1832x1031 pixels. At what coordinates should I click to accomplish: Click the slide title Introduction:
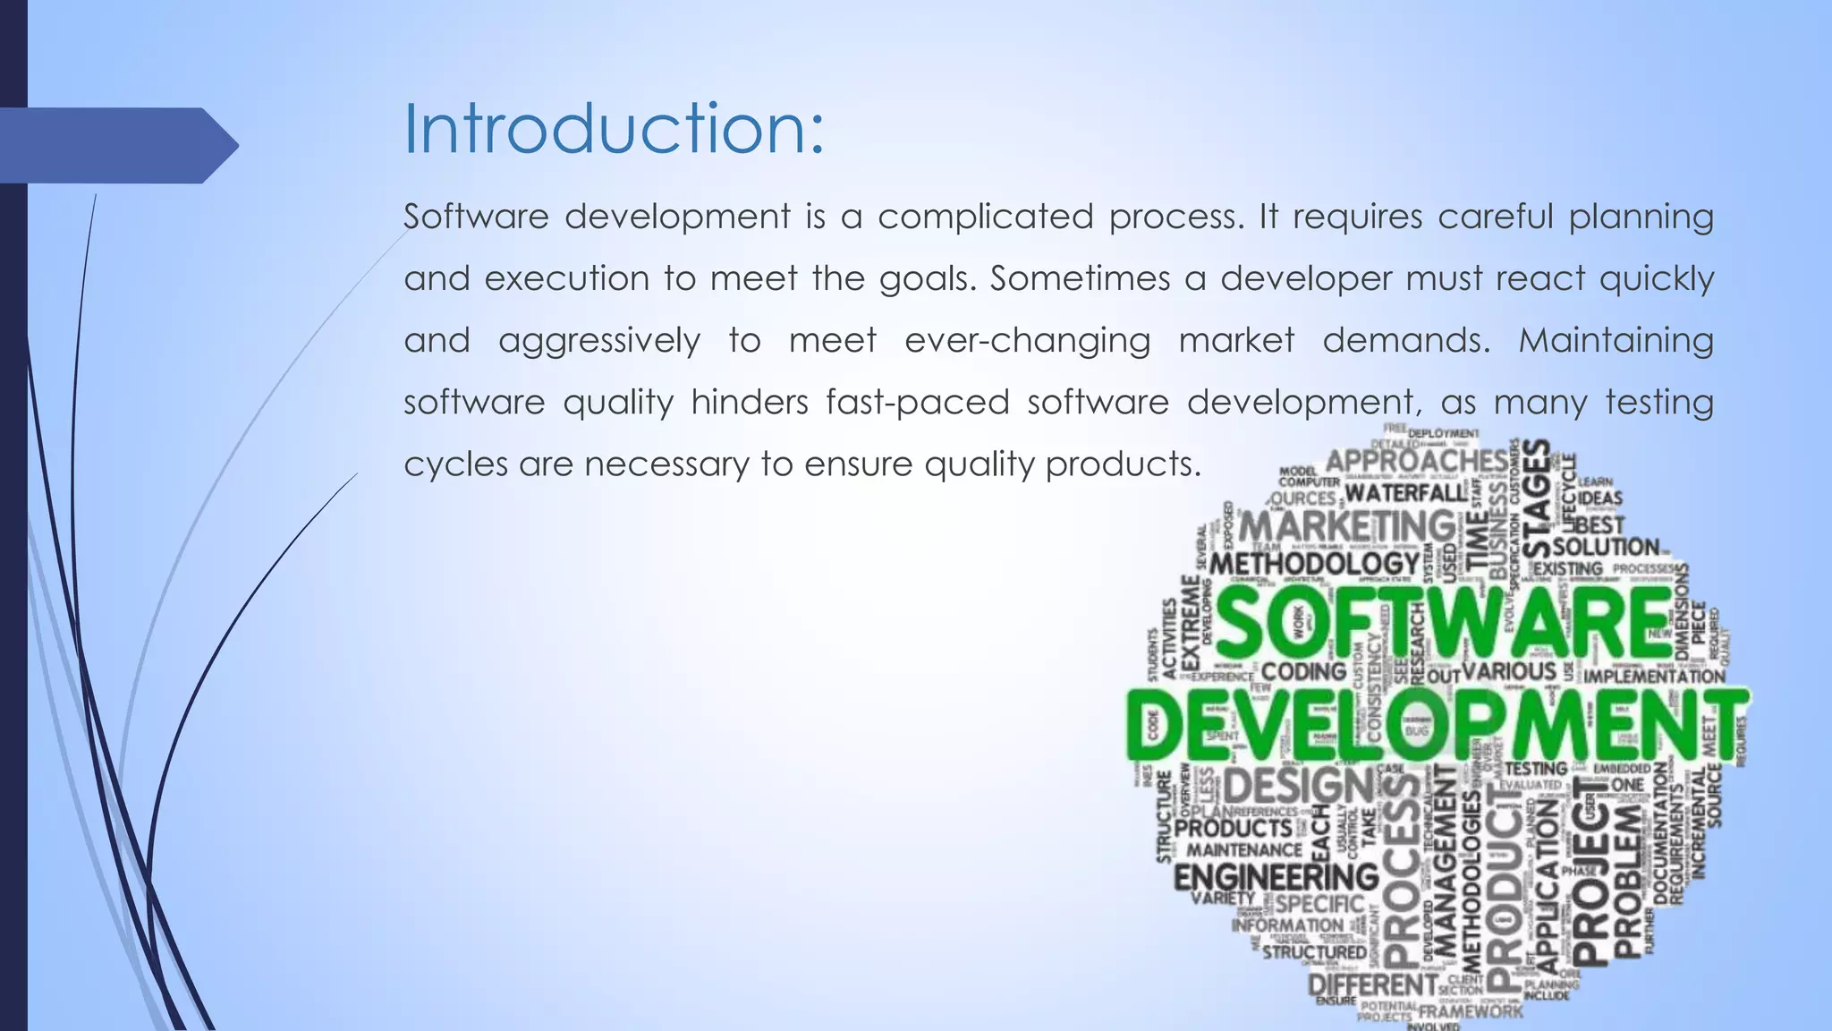click(x=614, y=129)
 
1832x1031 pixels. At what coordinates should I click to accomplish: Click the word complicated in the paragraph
click(x=985, y=217)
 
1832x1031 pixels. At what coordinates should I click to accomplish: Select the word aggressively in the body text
click(x=598, y=341)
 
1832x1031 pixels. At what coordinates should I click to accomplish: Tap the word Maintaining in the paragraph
click(x=1615, y=340)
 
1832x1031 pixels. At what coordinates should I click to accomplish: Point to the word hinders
click(x=750, y=402)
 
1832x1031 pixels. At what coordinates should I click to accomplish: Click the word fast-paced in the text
click(x=918, y=402)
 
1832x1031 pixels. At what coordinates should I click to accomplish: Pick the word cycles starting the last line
click(x=455, y=464)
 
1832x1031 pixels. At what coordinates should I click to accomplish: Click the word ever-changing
click(x=1027, y=341)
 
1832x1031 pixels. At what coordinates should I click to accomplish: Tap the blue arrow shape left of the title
click(x=116, y=145)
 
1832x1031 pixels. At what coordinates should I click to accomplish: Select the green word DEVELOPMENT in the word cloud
click(x=1435, y=723)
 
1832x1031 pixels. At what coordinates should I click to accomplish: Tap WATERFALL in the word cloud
click(x=1406, y=492)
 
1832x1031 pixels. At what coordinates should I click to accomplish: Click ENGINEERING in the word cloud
click(x=1276, y=877)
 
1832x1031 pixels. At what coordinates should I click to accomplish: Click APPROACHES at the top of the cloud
click(x=1415, y=461)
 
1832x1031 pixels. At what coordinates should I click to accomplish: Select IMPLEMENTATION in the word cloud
click(x=1654, y=677)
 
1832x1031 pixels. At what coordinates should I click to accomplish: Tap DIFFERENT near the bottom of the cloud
click(x=1371, y=984)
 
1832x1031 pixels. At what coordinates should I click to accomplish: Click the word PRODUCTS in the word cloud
click(x=1233, y=828)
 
